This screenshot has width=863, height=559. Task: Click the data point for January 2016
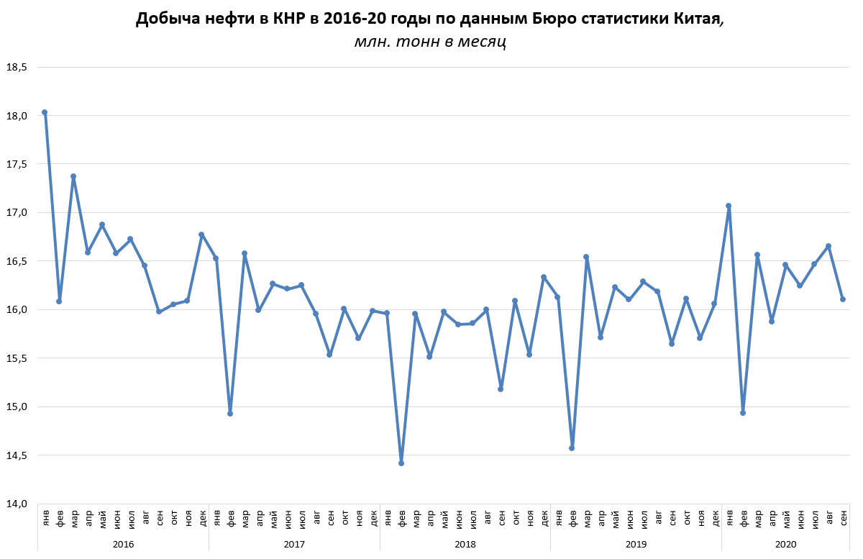(x=45, y=112)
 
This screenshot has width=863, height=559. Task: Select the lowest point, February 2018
(x=401, y=463)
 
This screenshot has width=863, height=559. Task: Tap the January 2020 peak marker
(x=729, y=206)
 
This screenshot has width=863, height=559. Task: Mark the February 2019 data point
(x=572, y=448)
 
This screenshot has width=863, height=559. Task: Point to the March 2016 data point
(x=73, y=176)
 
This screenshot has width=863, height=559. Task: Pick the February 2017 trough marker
(x=230, y=414)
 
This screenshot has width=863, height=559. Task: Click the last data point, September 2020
(x=842, y=299)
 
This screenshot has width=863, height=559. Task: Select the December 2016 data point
(x=201, y=235)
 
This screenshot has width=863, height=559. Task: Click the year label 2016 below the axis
(x=123, y=545)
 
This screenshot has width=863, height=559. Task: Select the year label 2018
(x=465, y=545)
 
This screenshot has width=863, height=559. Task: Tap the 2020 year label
(x=785, y=545)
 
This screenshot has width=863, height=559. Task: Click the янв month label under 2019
(x=558, y=517)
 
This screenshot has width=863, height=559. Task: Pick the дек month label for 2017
(x=373, y=517)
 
